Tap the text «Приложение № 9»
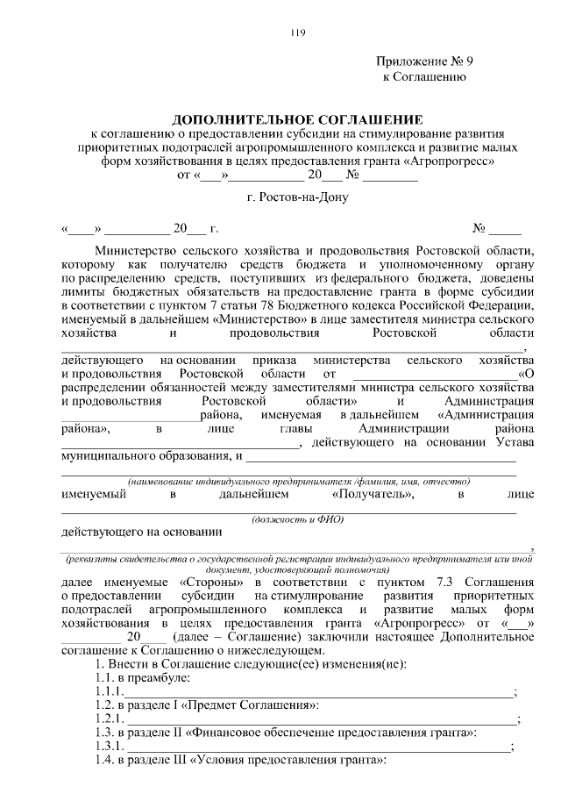tap(424, 61)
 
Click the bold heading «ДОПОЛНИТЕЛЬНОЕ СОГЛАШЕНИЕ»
tap(296, 118)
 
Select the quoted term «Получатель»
tap(373, 495)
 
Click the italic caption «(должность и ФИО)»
tap(297, 519)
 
